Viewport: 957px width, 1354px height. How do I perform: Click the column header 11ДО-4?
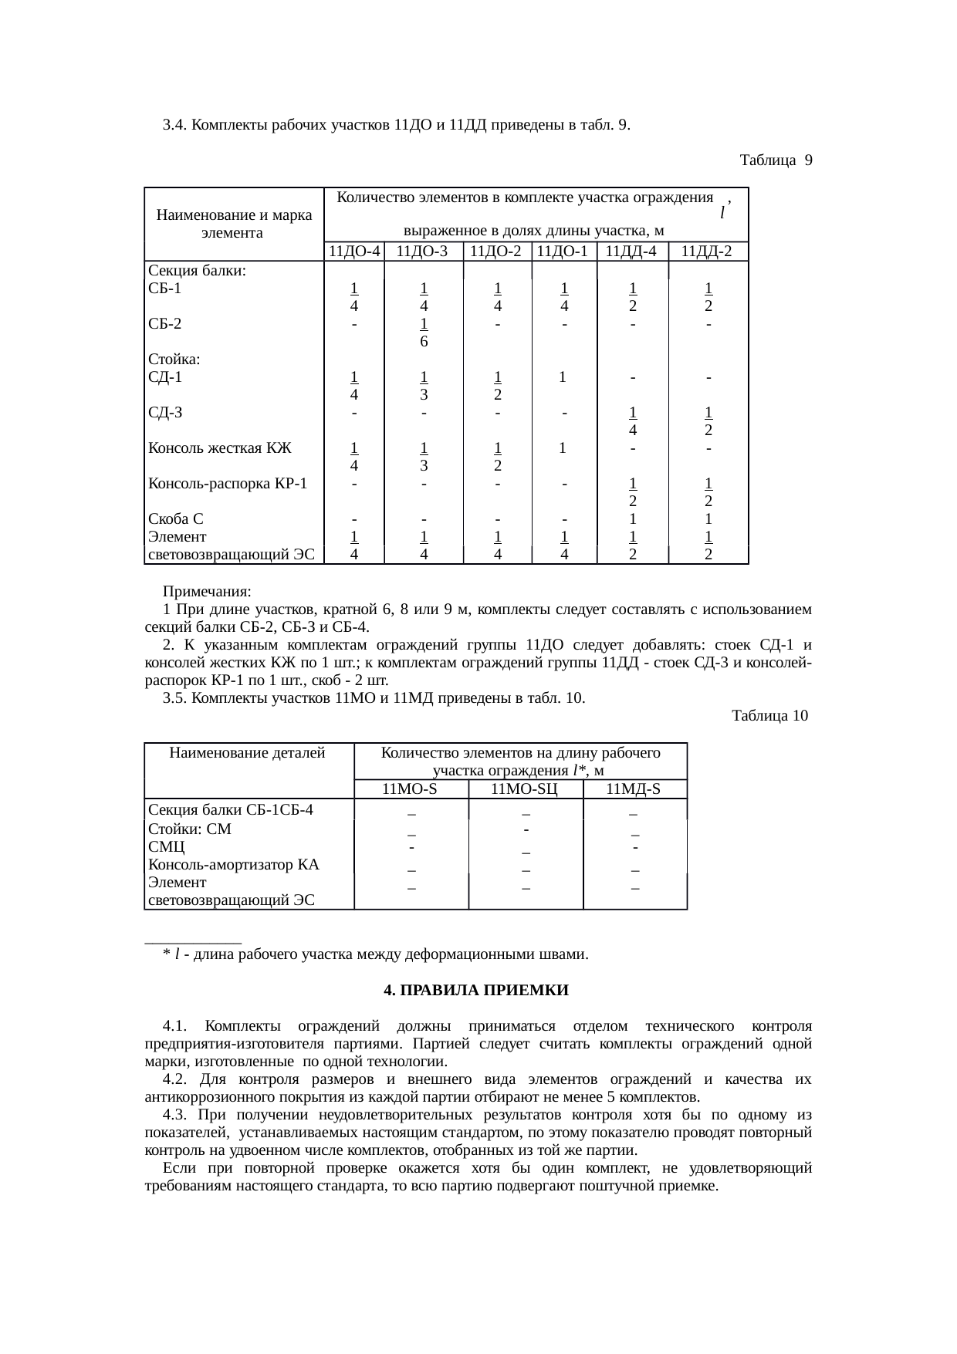point(354,251)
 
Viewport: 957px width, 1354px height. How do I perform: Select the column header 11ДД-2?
point(708,251)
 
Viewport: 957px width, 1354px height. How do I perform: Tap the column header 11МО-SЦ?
point(525,788)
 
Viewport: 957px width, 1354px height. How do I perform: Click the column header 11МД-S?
point(634,788)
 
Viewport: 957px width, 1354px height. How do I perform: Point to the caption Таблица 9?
point(775,160)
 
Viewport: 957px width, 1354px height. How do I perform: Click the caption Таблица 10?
point(769,716)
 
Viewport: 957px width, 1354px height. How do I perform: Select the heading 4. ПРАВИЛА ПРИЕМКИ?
point(477,990)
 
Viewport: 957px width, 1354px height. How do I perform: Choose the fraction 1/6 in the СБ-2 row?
point(424,333)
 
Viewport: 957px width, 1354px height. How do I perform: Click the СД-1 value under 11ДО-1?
point(564,377)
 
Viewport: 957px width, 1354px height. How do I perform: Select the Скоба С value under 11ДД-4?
point(632,519)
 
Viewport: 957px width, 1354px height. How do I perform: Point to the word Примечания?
point(207,592)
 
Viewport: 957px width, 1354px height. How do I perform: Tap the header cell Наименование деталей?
point(247,752)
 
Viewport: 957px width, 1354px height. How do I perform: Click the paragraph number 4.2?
point(175,1079)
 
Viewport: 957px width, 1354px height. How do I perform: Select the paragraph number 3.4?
point(175,125)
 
